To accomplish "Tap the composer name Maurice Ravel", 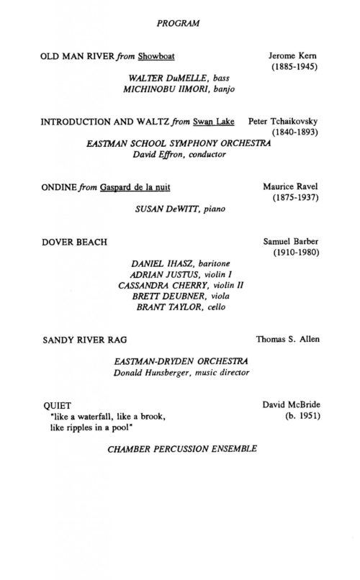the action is (294, 187).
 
